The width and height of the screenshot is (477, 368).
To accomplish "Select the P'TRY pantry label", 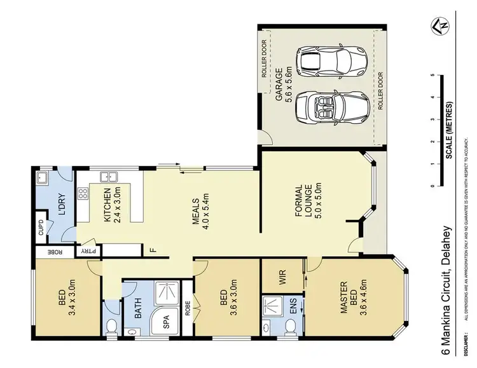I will tap(83, 250).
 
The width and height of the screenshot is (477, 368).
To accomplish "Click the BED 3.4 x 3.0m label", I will tap(66, 297).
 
